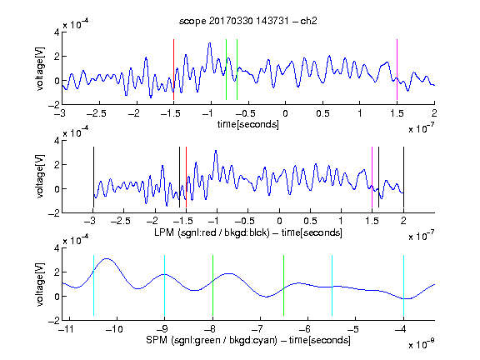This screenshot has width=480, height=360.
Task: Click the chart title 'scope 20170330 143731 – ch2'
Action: point(248,21)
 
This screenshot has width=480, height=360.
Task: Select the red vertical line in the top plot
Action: point(173,69)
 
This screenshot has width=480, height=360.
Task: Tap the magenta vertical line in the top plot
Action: point(397,69)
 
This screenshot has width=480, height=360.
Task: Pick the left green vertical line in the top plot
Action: point(226,69)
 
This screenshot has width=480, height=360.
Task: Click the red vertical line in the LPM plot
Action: point(186,177)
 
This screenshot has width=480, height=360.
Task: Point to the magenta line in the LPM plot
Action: point(372,177)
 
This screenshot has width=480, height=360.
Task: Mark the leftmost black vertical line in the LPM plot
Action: point(93,177)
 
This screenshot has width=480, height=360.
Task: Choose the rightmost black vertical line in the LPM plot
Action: point(403,177)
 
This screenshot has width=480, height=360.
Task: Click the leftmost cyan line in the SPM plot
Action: point(93,285)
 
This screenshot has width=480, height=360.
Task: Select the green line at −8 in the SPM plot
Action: point(212,285)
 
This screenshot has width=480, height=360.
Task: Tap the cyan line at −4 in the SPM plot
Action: point(403,285)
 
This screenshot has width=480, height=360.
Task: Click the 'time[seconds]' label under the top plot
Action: point(248,124)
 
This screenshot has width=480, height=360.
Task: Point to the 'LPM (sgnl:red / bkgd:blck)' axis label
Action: point(212,232)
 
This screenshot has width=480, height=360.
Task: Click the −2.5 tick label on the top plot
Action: point(97,113)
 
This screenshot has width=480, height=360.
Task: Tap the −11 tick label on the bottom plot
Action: point(67,329)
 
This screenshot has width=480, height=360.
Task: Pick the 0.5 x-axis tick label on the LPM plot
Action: point(310,221)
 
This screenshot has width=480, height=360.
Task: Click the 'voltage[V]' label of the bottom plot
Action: point(40,284)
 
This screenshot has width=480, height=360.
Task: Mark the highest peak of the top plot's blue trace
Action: point(210,42)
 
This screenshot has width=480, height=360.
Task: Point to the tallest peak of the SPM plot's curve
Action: point(106,258)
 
